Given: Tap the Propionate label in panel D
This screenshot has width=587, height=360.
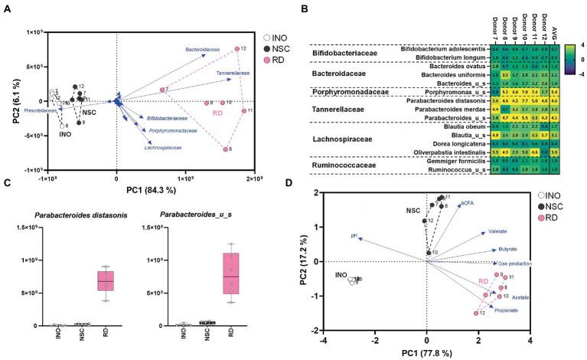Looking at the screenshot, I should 506,310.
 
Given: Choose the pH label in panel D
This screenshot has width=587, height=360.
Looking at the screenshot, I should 354,236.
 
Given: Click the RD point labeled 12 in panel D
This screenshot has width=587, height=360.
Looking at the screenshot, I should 476,313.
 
